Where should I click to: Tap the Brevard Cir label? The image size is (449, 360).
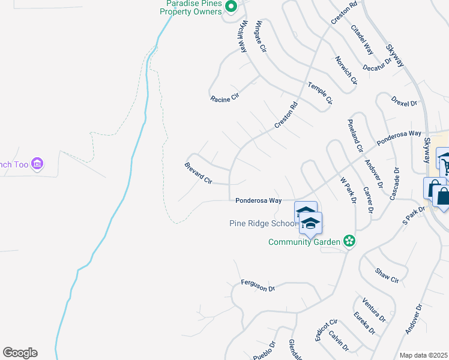coord(198,172)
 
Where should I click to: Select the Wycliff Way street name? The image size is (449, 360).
coord(243,37)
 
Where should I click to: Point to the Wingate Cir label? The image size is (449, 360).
coord(261,37)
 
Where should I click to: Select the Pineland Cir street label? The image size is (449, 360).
coord(355,135)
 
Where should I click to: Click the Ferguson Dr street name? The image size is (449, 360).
coord(258,286)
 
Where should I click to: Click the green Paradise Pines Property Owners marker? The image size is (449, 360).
coord(233,7)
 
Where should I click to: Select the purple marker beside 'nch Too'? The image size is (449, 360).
coord(38,163)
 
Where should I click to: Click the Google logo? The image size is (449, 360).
coord(20,353)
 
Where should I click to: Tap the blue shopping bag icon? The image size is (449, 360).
coord(442,196)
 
